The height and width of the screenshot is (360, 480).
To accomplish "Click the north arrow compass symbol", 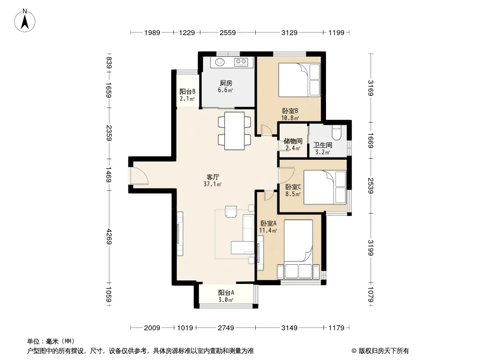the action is coord(25,21).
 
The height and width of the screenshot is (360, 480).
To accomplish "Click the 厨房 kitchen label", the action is coord(226,83).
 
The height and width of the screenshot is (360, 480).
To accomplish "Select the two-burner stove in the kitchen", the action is coord(240,62).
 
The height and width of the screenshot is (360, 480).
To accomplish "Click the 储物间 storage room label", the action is coord(293,141).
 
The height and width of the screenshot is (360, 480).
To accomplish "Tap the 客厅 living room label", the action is coord(213,177).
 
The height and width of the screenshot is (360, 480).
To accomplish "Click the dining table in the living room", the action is coord(235,131).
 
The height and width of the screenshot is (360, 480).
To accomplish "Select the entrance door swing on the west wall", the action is coord(139,176).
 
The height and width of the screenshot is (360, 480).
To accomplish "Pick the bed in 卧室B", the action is coord(299,80).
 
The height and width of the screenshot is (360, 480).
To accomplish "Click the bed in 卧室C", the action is coord(325,187).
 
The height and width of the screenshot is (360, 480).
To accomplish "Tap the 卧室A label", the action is coord(268,224).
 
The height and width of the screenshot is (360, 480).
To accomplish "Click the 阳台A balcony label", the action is coord(226,292).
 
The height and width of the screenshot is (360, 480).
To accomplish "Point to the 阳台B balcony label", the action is coord(187,91).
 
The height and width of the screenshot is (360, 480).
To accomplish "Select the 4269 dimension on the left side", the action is coord(109,237).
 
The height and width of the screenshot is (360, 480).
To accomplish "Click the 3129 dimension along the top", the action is coord(289,32).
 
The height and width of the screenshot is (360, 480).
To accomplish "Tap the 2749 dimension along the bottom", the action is coord(226,328).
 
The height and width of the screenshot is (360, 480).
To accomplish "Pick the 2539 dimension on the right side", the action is coord(371,186).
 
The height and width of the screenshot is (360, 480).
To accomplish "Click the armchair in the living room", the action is coord(231,211).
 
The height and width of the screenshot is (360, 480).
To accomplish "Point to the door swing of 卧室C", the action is coord(286,175).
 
